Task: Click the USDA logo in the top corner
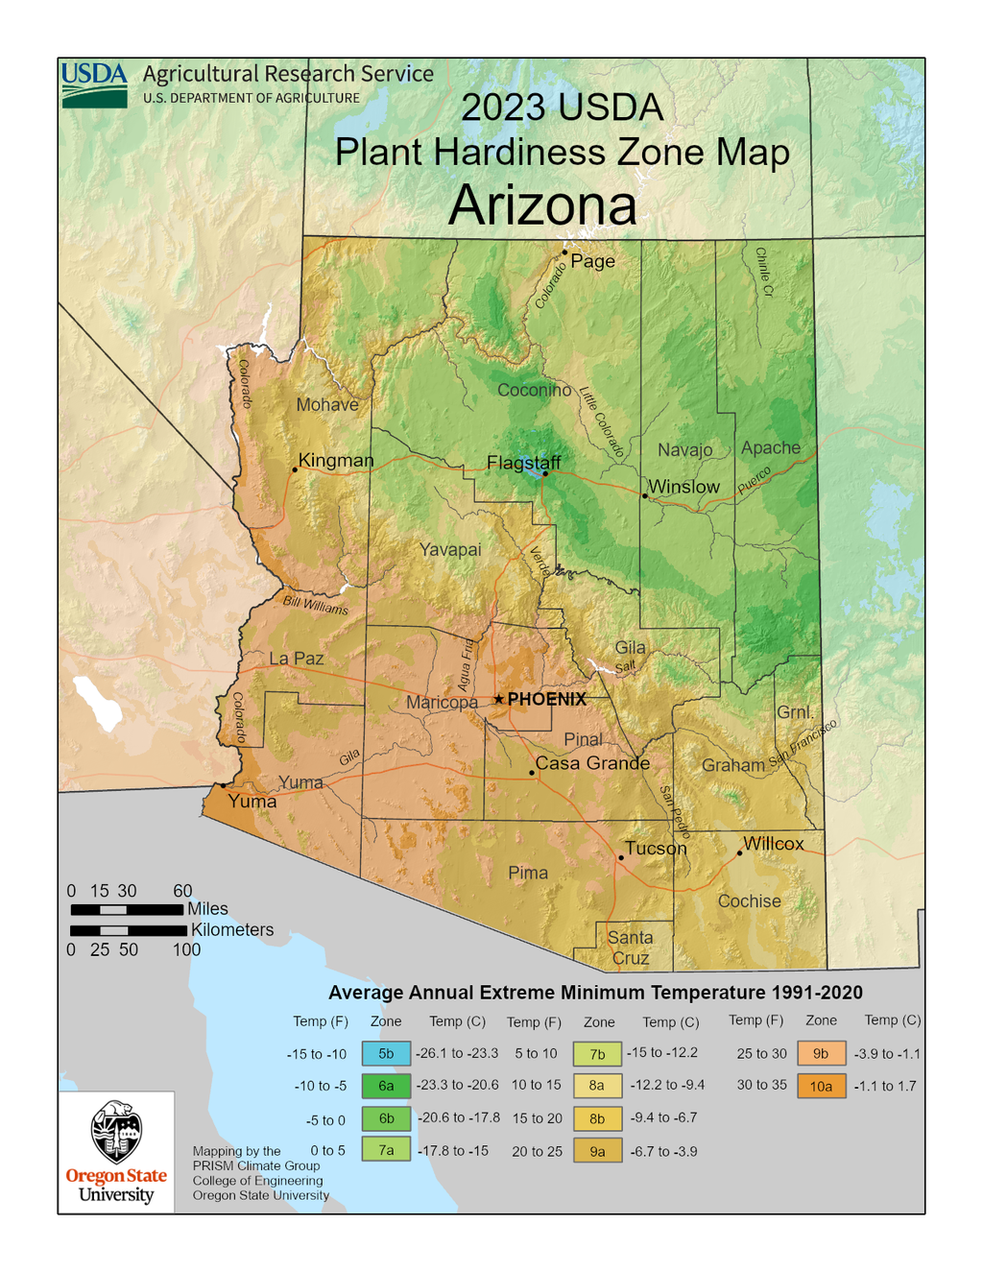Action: [94, 85]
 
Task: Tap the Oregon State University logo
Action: [116, 1152]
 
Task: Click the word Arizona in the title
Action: [542, 205]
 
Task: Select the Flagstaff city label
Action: [523, 463]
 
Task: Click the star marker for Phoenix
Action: [498, 700]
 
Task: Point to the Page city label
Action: [592, 261]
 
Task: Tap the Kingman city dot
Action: [295, 469]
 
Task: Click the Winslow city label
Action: [683, 487]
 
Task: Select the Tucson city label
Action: [656, 849]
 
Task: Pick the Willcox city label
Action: [773, 844]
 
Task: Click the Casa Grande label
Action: [592, 763]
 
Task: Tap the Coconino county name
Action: [534, 391]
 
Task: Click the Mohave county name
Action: [327, 405]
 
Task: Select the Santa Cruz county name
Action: [631, 948]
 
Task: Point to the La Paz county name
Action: [296, 659]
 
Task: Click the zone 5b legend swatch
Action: [386, 1053]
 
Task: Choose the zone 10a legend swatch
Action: [821, 1086]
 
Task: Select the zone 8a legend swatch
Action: [597, 1086]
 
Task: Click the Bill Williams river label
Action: [315, 606]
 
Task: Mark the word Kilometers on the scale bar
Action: [232, 929]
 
